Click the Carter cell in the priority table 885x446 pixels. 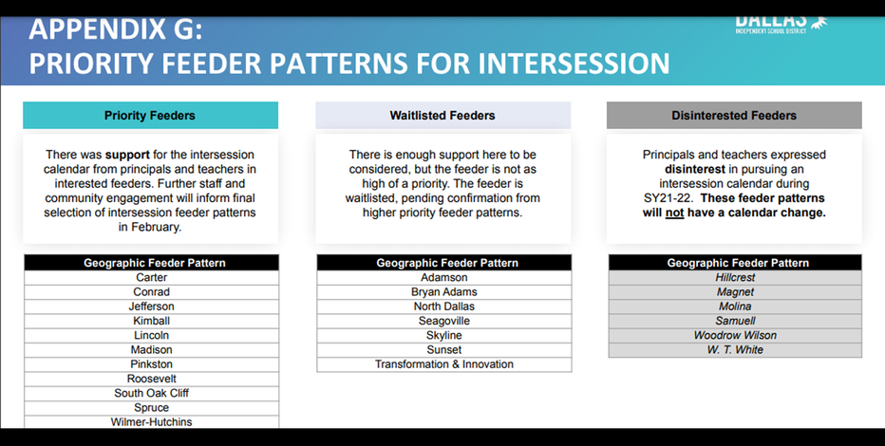click(x=151, y=277)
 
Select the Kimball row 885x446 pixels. click(x=151, y=321)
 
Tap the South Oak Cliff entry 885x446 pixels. click(x=151, y=393)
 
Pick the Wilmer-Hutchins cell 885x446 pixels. click(x=151, y=421)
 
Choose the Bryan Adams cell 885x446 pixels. click(x=444, y=292)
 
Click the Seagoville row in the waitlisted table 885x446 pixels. click(x=444, y=321)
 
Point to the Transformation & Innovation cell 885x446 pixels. click(x=444, y=364)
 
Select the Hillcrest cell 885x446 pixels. click(x=735, y=277)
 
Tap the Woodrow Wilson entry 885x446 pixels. click(x=735, y=336)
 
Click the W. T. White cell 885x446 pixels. click(x=735, y=349)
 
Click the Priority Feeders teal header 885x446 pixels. click(x=150, y=116)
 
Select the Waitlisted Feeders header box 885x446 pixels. click(x=443, y=116)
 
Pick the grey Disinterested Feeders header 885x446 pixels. click(x=734, y=116)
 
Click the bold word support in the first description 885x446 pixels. click(x=127, y=155)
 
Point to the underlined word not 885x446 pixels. click(x=674, y=214)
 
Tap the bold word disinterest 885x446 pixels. click(x=695, y=169)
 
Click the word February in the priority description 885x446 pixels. click(x=156, y=227)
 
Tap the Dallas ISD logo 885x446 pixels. click(x=781, y=24)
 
